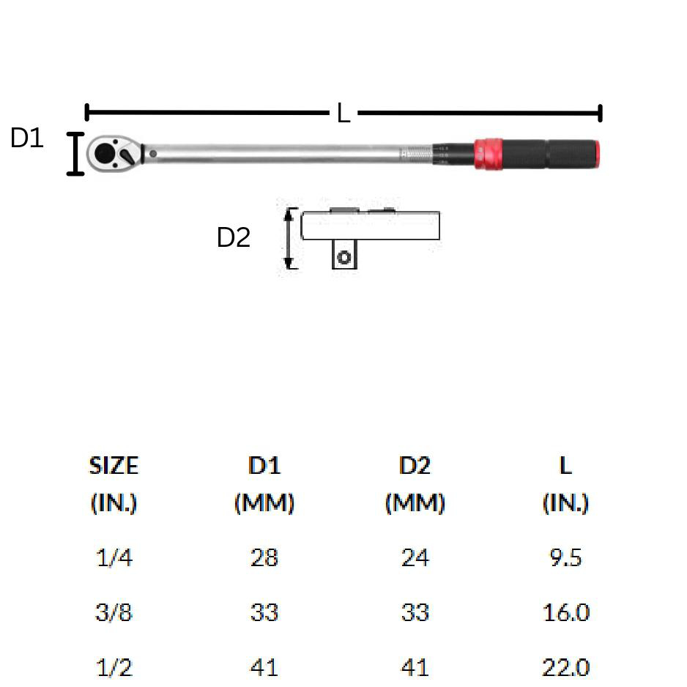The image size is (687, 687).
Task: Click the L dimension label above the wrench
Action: pyautogui.click(x=343, y=113)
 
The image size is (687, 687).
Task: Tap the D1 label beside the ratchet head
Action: pyautogui.click(x=26, y=138)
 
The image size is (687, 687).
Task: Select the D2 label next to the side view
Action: pyautogui.click(x=234, y=237)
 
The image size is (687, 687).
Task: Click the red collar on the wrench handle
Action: pyautogui.click(x=489, y=154)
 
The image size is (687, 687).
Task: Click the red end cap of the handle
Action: pyautogui.click(x=597, y=154)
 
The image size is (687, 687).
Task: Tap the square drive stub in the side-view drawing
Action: pyautogui.click(x=344, y=254)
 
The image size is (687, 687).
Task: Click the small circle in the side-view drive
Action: pyautogui.click(x=344, y=257)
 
